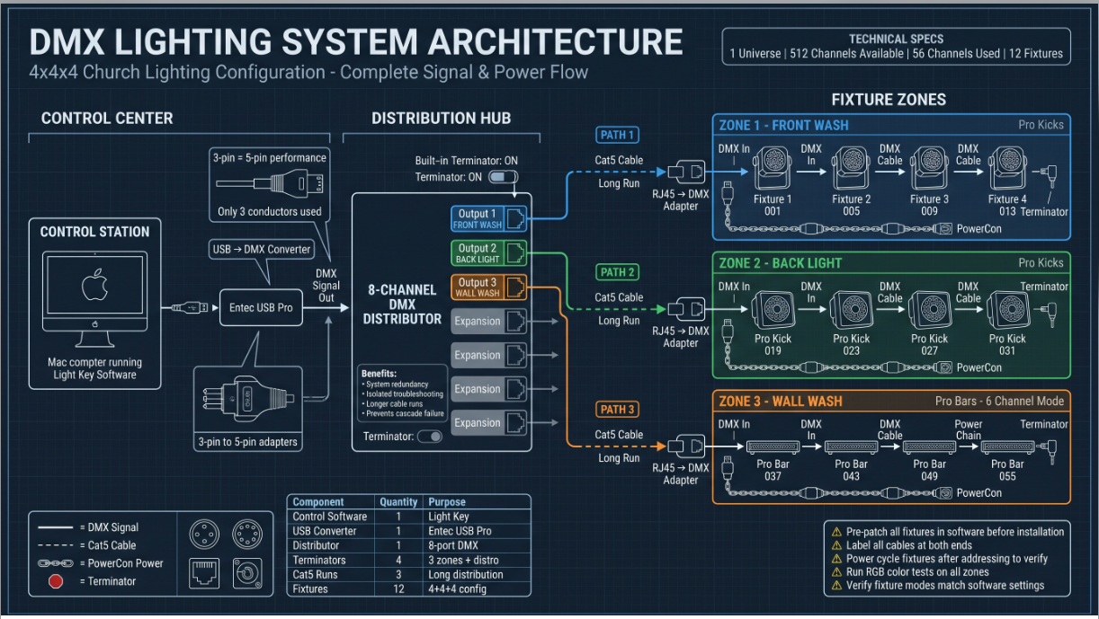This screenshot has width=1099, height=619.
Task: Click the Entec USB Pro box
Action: pos(261,307)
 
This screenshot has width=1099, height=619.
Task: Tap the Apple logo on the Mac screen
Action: pos(94,284)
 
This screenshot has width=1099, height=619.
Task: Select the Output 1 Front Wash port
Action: pos(488,218)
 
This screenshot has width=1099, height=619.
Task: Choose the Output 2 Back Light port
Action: pos(488,252)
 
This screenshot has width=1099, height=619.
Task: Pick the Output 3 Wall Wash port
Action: pos(488,287)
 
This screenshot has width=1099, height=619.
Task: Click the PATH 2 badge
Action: pos(617,272)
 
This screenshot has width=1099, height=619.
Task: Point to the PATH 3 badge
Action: pos(617,410)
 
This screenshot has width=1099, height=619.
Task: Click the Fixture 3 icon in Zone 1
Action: pos(929,168)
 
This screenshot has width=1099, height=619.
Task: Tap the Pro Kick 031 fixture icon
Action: pos(1007,310)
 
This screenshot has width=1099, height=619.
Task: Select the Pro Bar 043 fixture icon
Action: pos(852,447)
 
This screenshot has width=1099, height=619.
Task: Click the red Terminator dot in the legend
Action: pos(56,581)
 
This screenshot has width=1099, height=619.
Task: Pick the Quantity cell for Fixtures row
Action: pos(398,588)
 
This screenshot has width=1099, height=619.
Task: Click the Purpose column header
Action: pos(447,502)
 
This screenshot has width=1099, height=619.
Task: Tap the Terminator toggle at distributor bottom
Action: pos(430,437)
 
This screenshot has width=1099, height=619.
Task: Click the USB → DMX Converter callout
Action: pos(262,249)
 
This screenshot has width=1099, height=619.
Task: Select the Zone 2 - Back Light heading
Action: pos(780,263)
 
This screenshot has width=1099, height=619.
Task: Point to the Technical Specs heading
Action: pos(897,40)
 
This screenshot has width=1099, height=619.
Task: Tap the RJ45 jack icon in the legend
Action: pos(204,573)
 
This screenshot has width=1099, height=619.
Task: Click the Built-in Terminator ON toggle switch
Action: pos(503,177)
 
